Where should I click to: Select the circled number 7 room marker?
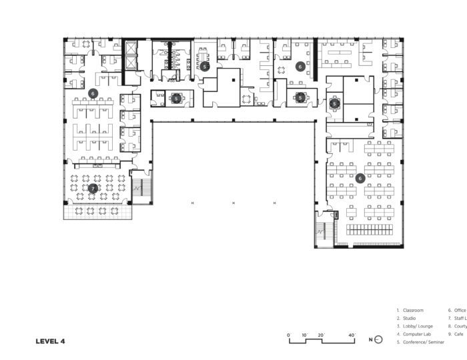pos(93,189)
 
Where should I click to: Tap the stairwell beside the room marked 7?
pos(141,186)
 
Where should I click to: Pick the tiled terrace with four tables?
pos(97,211)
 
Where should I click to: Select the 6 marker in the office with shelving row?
pos(360,178)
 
